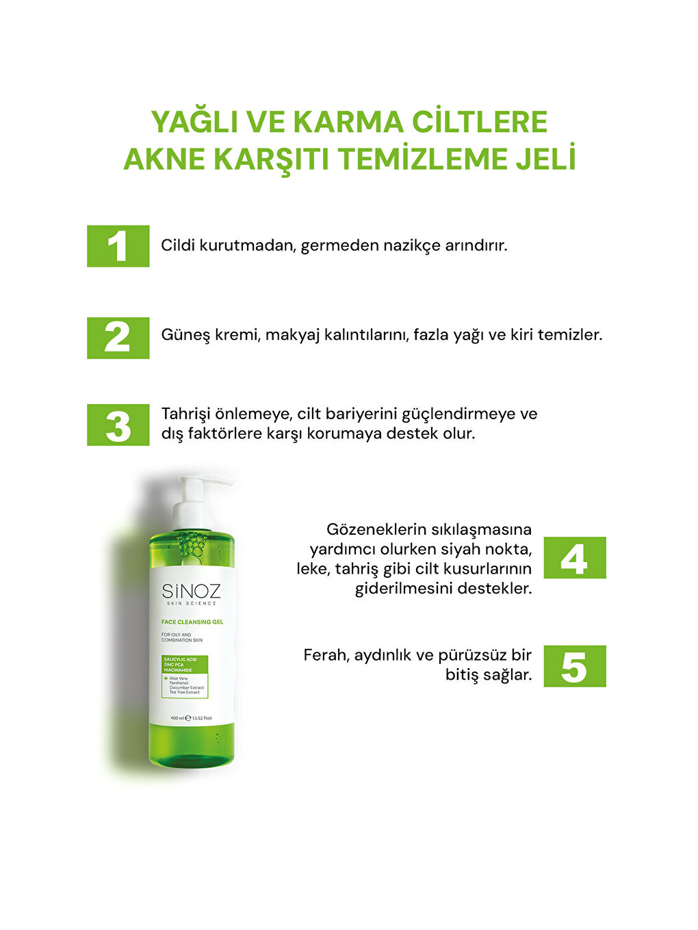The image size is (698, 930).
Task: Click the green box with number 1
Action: (x=118, y=246)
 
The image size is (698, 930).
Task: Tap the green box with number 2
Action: (x=118, y=338)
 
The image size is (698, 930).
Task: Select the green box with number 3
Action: (x=118, y=425)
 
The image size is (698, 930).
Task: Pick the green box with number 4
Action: (x=575, y=558)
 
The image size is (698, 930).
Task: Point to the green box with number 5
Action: (x=575, y=666)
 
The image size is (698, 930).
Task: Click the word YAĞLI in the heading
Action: (x=194, y=122)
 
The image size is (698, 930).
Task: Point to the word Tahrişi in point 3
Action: (x=186, y=414)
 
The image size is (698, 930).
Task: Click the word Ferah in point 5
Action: (x=326, y=655)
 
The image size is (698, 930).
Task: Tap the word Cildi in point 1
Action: (x=178, y=245)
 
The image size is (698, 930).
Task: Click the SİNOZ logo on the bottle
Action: (x=191, y=592)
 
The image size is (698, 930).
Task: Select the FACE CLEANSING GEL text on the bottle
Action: (x=192, y=622)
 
